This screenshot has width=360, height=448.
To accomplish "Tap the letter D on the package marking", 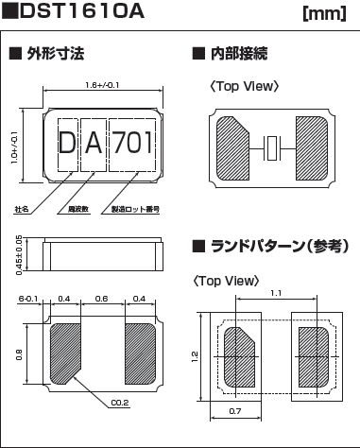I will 67,145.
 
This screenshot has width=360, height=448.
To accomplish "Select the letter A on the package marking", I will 94,145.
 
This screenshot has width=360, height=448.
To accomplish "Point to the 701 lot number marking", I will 133,145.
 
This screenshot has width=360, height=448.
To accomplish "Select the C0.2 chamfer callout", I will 119,402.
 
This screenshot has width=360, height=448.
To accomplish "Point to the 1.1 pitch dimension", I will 274,295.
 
